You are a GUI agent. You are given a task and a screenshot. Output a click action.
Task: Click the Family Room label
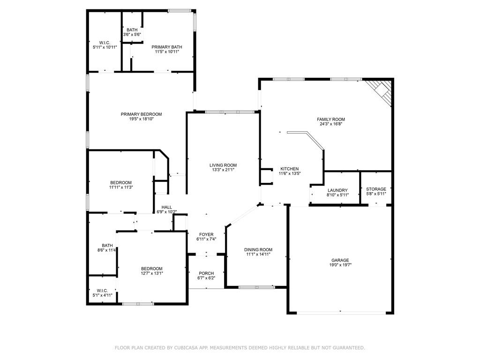click(x=330, y=120)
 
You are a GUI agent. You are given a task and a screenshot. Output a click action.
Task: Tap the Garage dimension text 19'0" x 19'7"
click(x=340, y=265)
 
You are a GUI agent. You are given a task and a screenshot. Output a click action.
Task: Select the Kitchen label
click(x=289, y=169)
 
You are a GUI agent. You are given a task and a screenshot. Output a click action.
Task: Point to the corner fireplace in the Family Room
click(x=380, y=91)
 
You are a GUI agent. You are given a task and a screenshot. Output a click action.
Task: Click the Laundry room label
click(x=337, y=190)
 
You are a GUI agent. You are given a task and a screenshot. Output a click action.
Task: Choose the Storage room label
click(x=376, y=189)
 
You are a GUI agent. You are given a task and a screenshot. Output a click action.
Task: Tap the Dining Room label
click(x=258, y=249)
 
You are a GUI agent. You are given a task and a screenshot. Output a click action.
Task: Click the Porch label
click(x=206, y=273)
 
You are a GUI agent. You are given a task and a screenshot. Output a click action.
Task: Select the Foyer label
click(x=206, y=234)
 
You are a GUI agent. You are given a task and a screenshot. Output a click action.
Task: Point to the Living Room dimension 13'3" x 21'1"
click(x=223, y=170)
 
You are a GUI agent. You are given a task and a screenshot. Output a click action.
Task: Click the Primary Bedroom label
click(x=141, y=114)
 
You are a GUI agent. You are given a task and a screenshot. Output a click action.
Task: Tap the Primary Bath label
click(x=167, y=47)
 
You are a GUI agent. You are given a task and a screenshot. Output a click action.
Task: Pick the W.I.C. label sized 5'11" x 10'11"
click(x=105, y=43)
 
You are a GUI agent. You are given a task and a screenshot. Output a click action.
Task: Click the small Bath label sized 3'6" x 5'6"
click(x=132, y=30)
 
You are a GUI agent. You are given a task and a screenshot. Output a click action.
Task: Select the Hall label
click(x=166, y=207)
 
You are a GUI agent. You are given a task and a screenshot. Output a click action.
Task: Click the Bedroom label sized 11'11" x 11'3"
click(x=121, y=182)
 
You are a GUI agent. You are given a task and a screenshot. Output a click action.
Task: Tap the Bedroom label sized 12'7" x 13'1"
click(x=151, y=269)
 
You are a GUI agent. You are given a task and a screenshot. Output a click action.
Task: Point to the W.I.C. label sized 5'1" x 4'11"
click(x=102, y=291)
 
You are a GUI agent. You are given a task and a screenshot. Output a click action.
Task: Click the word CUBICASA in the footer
click(x=185, y=348)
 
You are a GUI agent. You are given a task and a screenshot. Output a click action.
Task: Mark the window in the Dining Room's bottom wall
click(x=256, y=287)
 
